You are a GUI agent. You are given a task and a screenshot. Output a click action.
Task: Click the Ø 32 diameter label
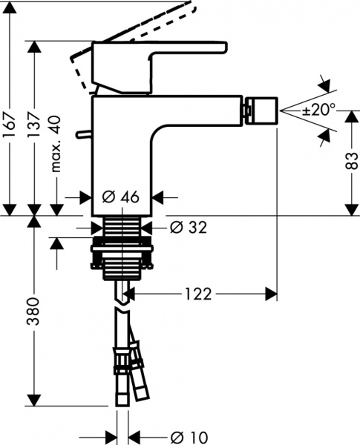click(185, 228)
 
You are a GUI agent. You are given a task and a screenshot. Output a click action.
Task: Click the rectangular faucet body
click(122, 156)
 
